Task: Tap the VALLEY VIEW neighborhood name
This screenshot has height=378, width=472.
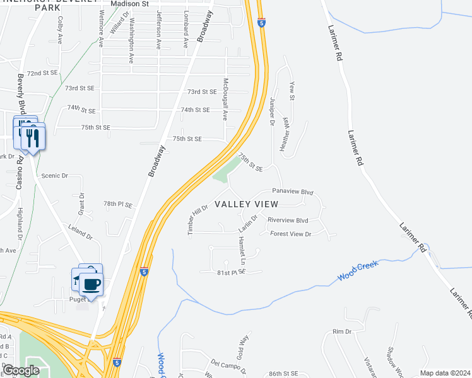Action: [x=246, y=204]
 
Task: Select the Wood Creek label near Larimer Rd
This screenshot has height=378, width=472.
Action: [x=357, y=271]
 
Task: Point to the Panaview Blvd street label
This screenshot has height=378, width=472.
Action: [x=292, y=191]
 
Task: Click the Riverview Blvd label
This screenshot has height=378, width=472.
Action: [x=288, y=220]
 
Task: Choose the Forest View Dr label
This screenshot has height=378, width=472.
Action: [x=291, y=234]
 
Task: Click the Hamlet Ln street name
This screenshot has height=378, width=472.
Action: [x=241, y=250]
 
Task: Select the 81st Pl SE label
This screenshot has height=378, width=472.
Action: [x=230, y=272]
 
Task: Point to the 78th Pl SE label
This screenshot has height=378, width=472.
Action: [x=118, y=205]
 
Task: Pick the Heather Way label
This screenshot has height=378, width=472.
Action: [x=285, y=132]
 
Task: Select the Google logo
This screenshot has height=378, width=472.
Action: [x=21, y=370]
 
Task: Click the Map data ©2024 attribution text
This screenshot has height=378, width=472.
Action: [x=445, y=373]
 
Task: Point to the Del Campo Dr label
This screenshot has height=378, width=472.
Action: [x=224, y=364]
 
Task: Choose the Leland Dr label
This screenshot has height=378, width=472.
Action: [x=80, y=238]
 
